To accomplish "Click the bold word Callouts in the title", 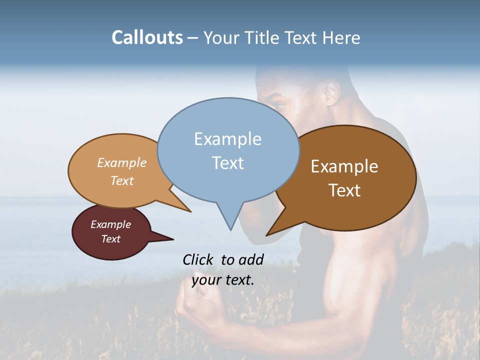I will coord(147,37).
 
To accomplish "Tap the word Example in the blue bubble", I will coord(227,139).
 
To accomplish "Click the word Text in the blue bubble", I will coord(227,163).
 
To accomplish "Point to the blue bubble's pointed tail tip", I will coord(230,229).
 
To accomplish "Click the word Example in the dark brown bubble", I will coord(344,166).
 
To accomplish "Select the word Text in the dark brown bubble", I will coord(344,190).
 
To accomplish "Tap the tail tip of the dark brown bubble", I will coord(267,235).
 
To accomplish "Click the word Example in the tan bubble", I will coord(122,162).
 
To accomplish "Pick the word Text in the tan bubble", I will coord(122,180).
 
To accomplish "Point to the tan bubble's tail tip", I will coord(190,211).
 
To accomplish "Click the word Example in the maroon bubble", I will coord(110,224).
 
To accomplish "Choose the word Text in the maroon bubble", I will coord(110,239).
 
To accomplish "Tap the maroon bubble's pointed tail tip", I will coord(173,239).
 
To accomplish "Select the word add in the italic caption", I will coord(251,259).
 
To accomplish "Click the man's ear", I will coord(332,92).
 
